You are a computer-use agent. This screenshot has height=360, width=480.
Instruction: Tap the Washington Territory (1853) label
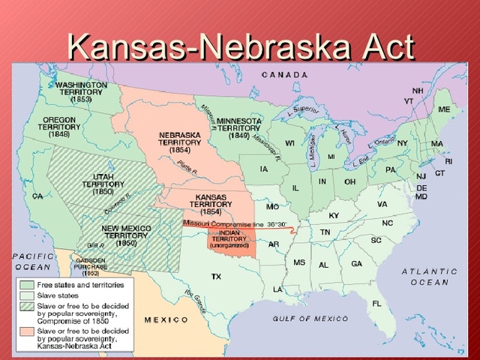81,92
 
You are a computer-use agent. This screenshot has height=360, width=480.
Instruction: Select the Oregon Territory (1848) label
59,127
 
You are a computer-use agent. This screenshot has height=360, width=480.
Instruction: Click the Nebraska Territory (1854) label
179,142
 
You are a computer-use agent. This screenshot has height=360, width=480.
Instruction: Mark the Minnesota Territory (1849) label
238,127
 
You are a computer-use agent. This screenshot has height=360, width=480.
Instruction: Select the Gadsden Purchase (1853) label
90,268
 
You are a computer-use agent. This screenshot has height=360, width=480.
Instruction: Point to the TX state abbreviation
216,277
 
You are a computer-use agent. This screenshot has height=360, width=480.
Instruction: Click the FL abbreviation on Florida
376,304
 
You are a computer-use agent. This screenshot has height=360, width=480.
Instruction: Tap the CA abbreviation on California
37,196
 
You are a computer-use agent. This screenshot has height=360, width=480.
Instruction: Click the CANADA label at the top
285,75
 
